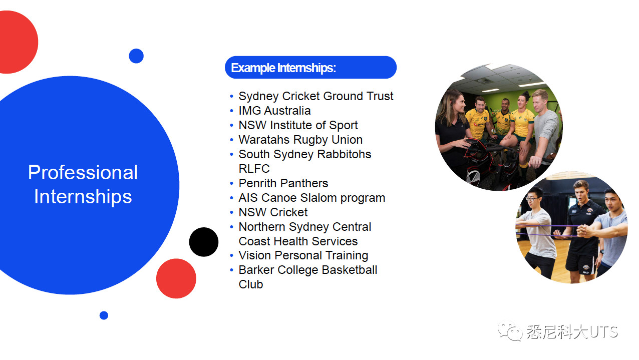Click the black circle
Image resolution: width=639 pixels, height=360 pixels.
click(204, 242)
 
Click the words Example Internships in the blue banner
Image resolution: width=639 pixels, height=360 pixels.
click(283, 68)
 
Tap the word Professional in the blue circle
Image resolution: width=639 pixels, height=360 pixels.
click(83, 172)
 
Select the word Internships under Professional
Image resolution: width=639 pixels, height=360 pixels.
click(83, 197)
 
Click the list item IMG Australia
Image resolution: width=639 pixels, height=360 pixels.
click(274, 111)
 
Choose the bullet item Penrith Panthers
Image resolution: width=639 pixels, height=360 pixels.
click(283, 183)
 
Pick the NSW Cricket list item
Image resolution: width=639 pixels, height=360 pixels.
click(273, 212)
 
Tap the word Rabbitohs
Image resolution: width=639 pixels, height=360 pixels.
click(344, 154)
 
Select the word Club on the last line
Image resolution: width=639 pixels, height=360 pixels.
click(251, 284)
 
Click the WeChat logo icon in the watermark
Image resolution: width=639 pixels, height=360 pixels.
click(510, 330)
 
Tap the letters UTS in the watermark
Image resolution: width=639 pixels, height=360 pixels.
click(603, 332)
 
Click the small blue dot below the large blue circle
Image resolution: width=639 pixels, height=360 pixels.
click(104, 315)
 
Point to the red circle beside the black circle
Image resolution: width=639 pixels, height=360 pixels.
click(176, 278)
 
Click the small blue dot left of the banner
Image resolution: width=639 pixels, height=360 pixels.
click(136, 56)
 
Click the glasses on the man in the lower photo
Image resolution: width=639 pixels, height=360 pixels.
click(533, 199)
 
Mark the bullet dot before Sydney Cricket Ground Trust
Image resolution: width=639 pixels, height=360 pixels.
click(231, 97)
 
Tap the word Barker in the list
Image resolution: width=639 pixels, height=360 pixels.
click(256, 270)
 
